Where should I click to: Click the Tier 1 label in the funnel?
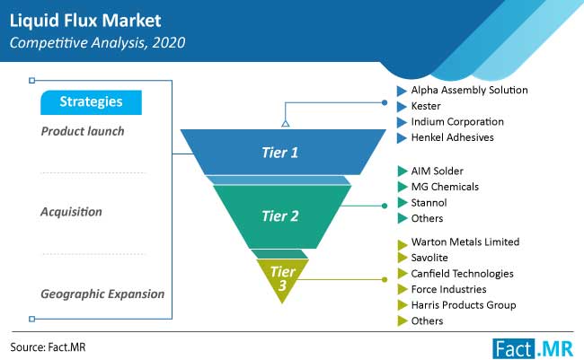click(279, 153)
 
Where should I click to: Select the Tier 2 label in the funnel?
click(280, 216)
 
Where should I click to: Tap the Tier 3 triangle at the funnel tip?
click(282, 279)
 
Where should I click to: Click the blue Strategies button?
click(92, 102)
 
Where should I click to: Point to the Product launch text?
click(83, 131)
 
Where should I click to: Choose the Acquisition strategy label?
click(71, 212)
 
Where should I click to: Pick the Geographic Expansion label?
click(102, 294)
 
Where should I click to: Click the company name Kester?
click(426, 106)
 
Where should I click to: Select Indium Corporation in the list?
click(457, 122)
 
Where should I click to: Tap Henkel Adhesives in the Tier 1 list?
click(453, 137)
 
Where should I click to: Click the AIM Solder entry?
click(438, 171)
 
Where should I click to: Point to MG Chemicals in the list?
click(445, 187)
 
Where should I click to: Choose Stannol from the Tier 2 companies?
click(429, 203)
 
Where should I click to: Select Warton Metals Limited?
click(465, 242)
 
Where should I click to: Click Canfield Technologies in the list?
click(462, 274)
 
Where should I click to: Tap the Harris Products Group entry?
click(464, 305)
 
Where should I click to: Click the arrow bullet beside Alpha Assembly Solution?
click(402, 91)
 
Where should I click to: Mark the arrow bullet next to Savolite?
click(403, 258)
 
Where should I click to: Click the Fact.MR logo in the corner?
click(533, 348)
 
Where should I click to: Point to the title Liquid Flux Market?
click(85, 21)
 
